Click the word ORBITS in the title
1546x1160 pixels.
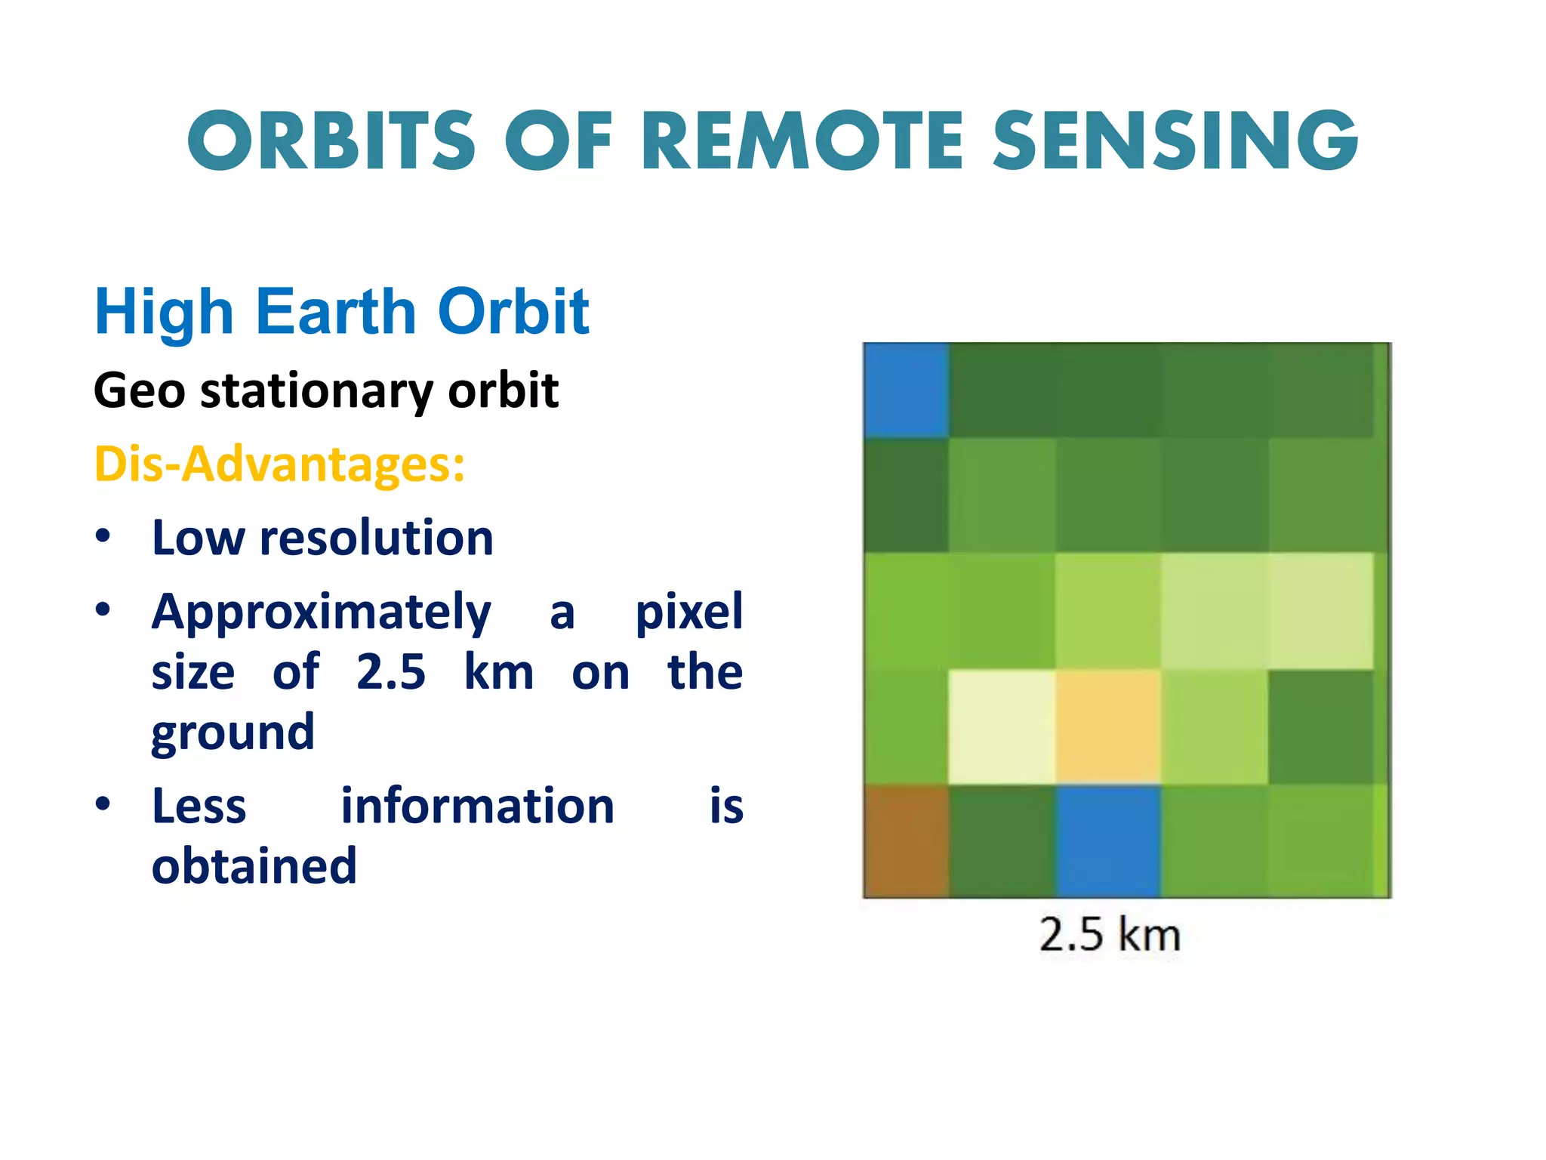pos(332,141)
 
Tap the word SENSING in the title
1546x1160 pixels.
pos(1175,141)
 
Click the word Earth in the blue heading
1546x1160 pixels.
pos(336,312)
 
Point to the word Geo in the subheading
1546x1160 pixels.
pos(139,391)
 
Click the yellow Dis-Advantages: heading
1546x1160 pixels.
pos(279,464)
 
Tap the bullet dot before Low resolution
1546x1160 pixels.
pos(103,536)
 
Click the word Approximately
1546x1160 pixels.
pos(322,612)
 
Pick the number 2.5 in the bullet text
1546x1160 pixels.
pos(391,672)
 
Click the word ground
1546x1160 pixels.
pos(233,733)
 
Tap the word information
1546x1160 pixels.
pos(478,806)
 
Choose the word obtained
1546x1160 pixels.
pos(254,866)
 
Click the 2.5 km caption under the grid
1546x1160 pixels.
pos(1109,935)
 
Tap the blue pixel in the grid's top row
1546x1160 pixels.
pos(906,390)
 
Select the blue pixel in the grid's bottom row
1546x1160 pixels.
pos(1107,841)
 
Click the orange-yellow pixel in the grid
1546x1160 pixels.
pos(1107,727)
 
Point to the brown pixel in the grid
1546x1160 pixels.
pos(906,841)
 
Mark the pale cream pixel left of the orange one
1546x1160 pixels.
pos(1002,727)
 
